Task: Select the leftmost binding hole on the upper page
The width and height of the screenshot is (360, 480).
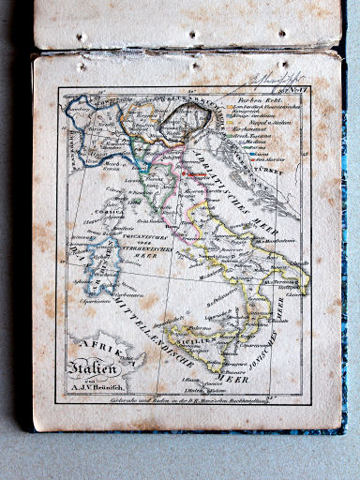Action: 82,38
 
